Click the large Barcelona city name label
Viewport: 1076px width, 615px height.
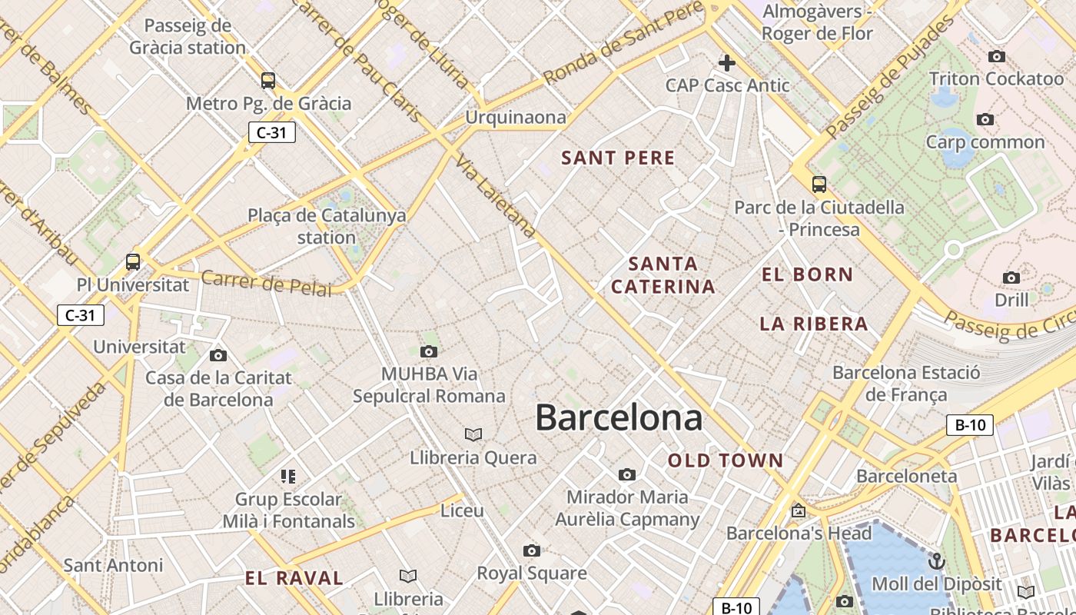pos(619,418)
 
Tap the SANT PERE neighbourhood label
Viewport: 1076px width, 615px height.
pos(618,158)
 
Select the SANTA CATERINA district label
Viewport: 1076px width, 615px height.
pos(664,275)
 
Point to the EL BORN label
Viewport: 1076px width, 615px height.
pos(807,274)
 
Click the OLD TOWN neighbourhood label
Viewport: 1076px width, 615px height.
pos(726,461)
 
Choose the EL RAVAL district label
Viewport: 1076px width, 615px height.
pos(294,578)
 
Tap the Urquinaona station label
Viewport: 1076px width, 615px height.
pos(516,118)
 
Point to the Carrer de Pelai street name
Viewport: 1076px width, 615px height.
pos(267,283)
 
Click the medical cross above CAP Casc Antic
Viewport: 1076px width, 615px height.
pos(727,63)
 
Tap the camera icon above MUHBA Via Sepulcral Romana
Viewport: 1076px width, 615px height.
pos(429,352)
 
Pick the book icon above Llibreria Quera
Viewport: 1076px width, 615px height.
pos(473,435)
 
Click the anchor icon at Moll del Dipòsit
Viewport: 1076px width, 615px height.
pos(936,562)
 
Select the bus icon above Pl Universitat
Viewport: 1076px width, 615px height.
pos(133,262)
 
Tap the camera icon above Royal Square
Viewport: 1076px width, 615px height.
pos(531,550)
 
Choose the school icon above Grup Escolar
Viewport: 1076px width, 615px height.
pos(288,477)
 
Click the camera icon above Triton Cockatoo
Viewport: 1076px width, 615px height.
pos(996,57)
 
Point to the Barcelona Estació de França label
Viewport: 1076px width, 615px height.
pos(906,384)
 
